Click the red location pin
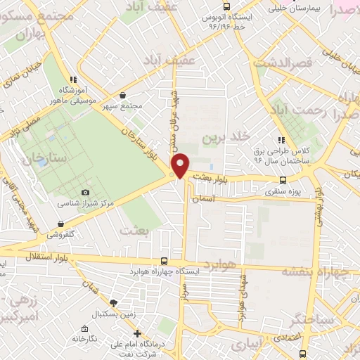pyautogui.click(x=181, y=166)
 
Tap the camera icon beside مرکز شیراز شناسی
pyautogui.click(x=86, y=193)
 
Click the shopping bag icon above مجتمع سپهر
pyautogui.click(x=123, y=96)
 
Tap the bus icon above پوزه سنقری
pyautogui.click(x=283, y=180)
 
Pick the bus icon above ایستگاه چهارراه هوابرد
pyautogui.click(x=164, y=260)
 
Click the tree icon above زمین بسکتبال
pyautogui.click(x=124, y=303)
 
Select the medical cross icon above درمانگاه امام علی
pyautogui.click(x=137, y=333)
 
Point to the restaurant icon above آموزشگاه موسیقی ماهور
pyautogui.click(x=72, y=79)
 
